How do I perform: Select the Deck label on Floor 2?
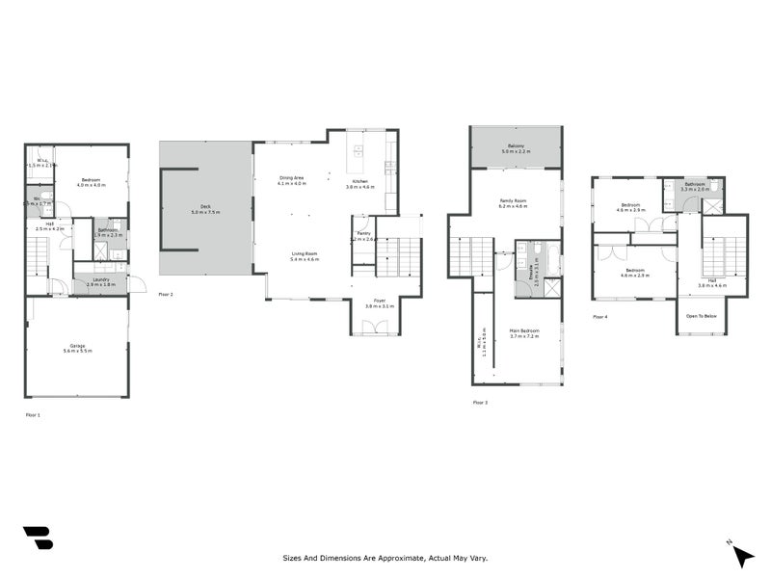[x=205, y=207]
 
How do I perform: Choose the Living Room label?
[x=305, y=256]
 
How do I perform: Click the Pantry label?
[x=363, y=235]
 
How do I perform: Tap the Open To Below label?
[x=701, y=315]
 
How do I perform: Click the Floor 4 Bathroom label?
[x=695, y=186]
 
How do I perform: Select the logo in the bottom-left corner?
[x=38, y=539]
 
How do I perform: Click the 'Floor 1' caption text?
[x=33, y=414]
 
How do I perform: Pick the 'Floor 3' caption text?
[x=480, y=403]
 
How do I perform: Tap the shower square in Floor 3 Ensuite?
[x=552, y=286]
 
